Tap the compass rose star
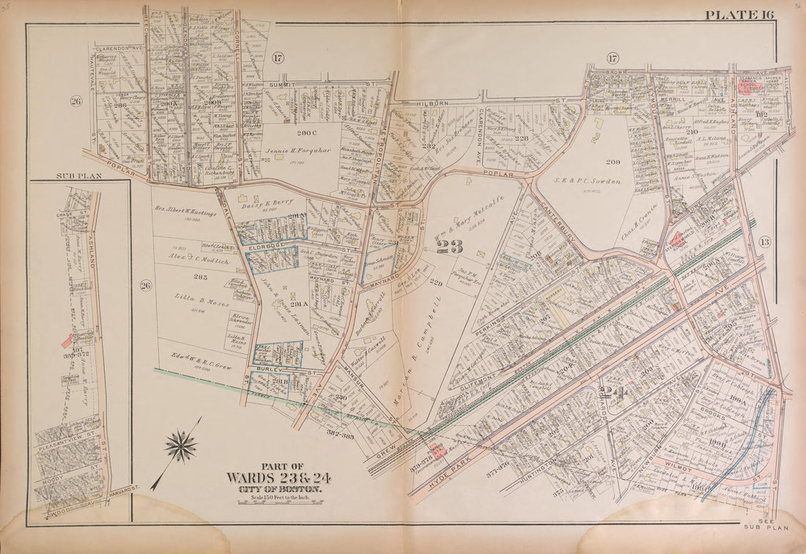coord(181,446)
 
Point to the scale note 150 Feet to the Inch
coord(278,498)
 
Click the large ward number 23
coord(449,247)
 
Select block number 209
coord(613,162)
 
